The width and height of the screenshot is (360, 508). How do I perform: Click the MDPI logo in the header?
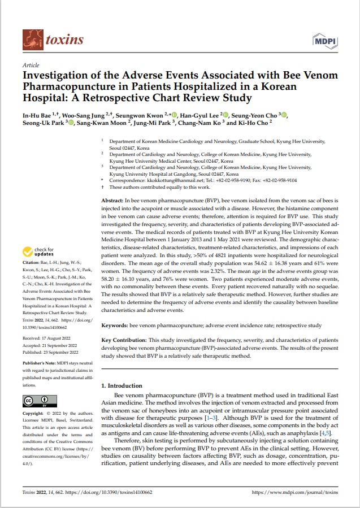click(x=324, y=40)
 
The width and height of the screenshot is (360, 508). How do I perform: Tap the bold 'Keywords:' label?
click(x=115, y=325)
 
